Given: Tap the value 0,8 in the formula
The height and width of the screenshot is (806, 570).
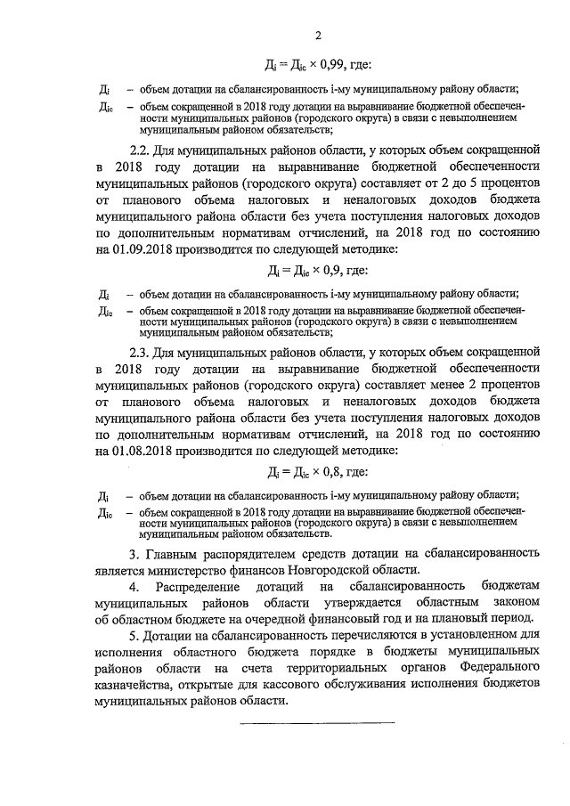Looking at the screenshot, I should [x=331, y=472].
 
